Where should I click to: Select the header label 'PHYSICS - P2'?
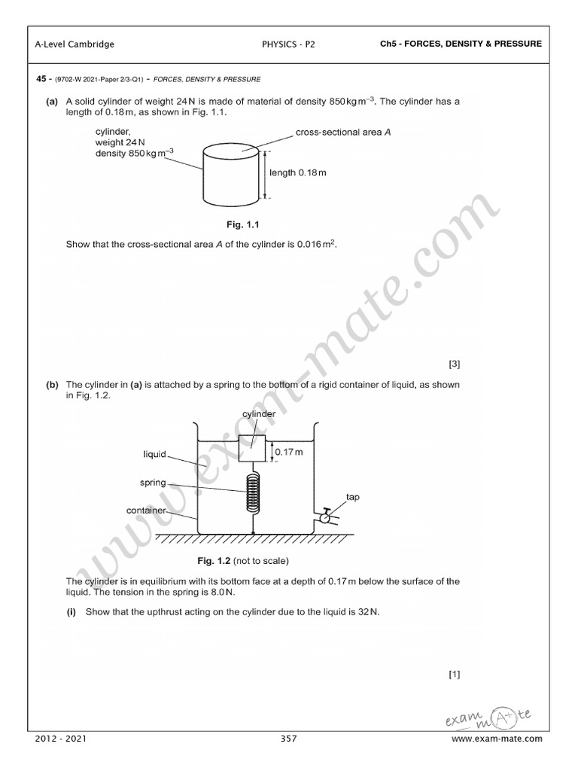(288, 44)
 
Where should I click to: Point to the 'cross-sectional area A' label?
(343, 132)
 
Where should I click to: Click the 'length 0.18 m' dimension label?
(298, 172)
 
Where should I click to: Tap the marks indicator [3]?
(454, 364)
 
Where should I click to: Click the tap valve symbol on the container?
(324, 517)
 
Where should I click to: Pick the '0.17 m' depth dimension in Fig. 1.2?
(288, 452)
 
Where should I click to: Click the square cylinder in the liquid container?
(254, 449)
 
